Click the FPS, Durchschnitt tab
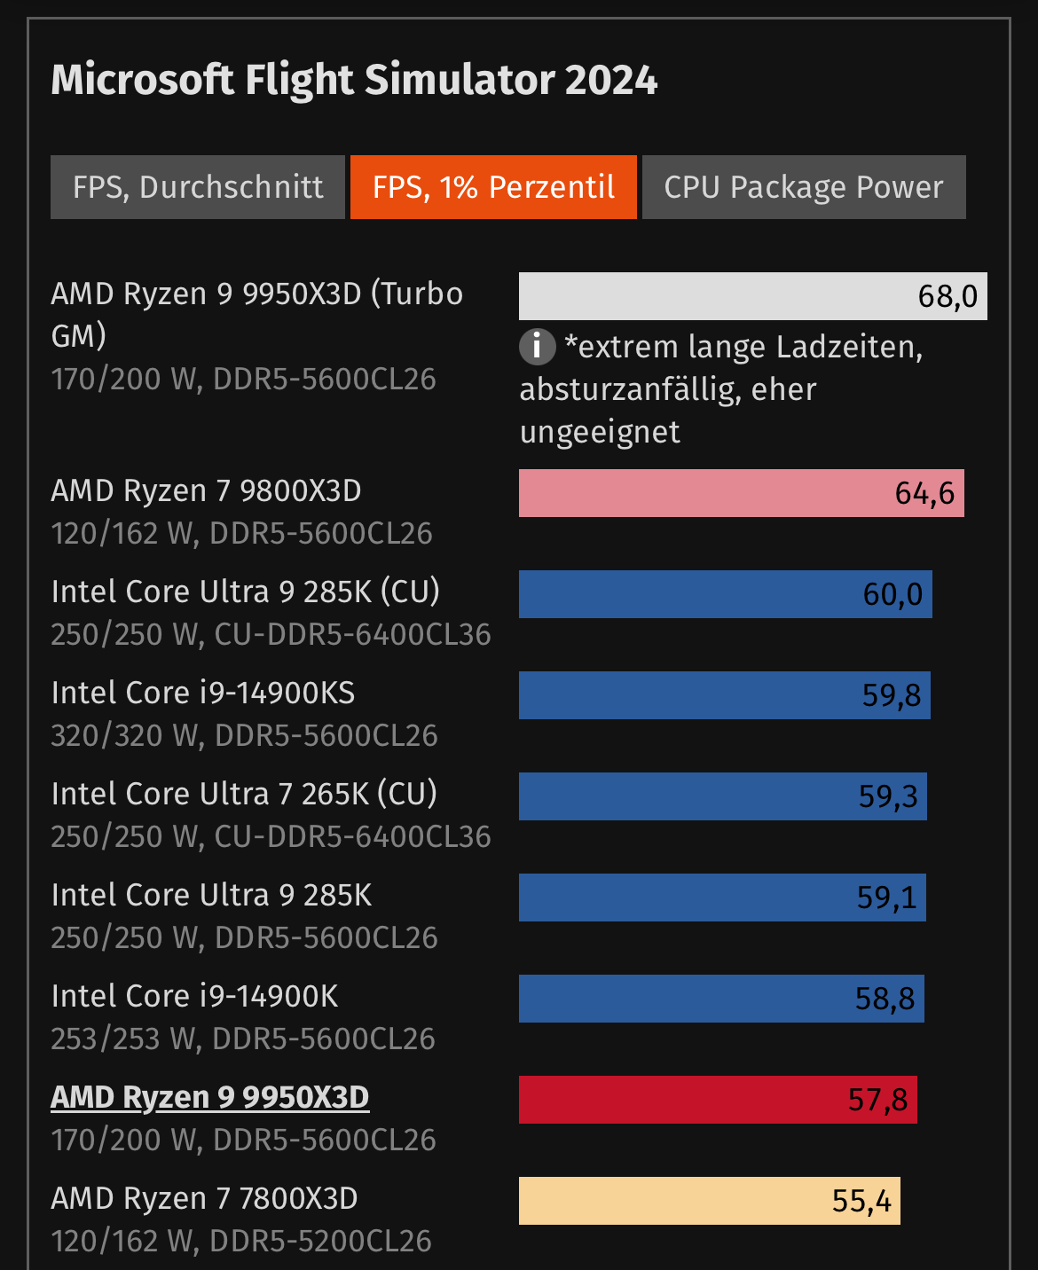point(198,187)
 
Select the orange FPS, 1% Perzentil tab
point(493,187)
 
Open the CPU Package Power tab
point(803,187)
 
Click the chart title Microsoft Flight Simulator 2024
point(354,80)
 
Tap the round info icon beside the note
point(537,346)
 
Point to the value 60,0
point(893,594)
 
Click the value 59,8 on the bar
point(892,695)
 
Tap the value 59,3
point(888,796)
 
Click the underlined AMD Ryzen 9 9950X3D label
point(210,1097)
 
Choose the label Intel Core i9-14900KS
point(203,693)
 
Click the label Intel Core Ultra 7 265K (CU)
point(244,794)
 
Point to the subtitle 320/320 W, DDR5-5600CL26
point(244,735)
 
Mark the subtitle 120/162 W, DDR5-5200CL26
point(241,1241)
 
